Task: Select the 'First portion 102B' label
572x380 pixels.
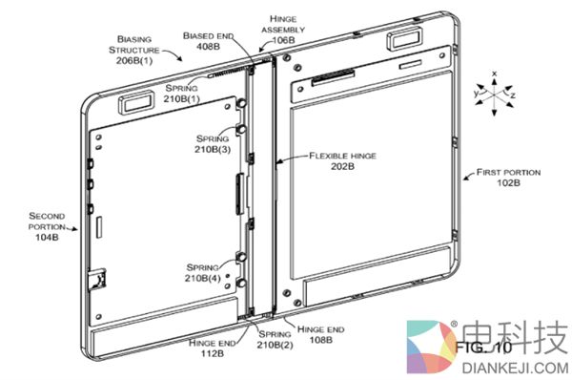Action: click(x=503, y=176)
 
